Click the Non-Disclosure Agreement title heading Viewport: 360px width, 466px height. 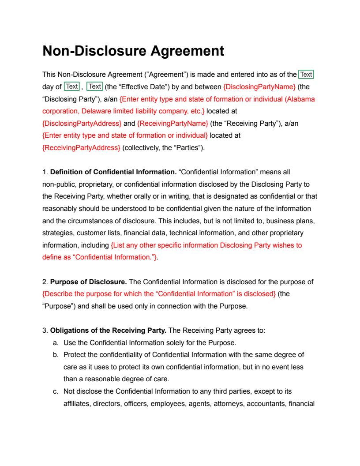[133, 51]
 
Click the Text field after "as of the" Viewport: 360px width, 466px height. [306, 75]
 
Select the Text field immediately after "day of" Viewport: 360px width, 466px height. [72, 86]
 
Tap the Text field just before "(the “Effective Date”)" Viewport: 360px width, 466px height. [94, 86]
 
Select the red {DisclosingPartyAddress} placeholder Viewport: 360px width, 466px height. [82, 123]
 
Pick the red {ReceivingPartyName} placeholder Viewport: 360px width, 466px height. [172, 123]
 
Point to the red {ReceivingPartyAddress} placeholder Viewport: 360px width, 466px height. [81, 148]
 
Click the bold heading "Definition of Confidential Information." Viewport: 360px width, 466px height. [113, 172]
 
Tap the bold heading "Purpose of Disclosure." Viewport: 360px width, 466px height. [89, 282]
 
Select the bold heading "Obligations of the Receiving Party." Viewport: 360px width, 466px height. [109, 330]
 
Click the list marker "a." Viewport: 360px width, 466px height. [56, 342]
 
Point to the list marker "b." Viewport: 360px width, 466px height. [56, 355]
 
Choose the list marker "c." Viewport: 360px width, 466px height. [56, 391]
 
